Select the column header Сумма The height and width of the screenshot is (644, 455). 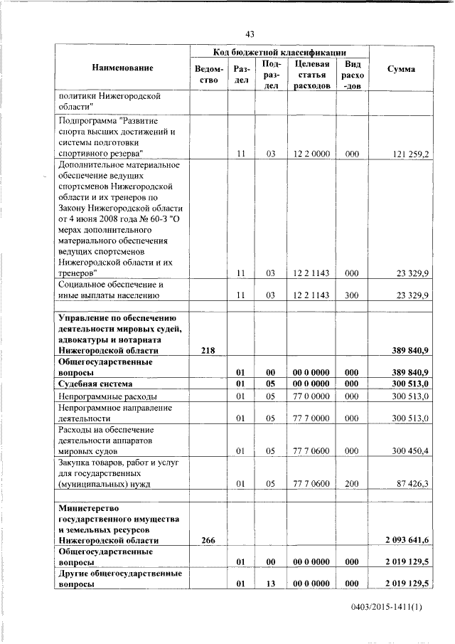tap(402, 69)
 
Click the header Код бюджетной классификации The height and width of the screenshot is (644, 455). tap(280, 51)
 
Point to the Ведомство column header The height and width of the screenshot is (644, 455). tap(208, 74)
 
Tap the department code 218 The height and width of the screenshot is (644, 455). tap(208, 350)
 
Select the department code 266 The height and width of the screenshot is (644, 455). tap(208, 541)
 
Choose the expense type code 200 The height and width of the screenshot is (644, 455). tap(351, 483)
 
